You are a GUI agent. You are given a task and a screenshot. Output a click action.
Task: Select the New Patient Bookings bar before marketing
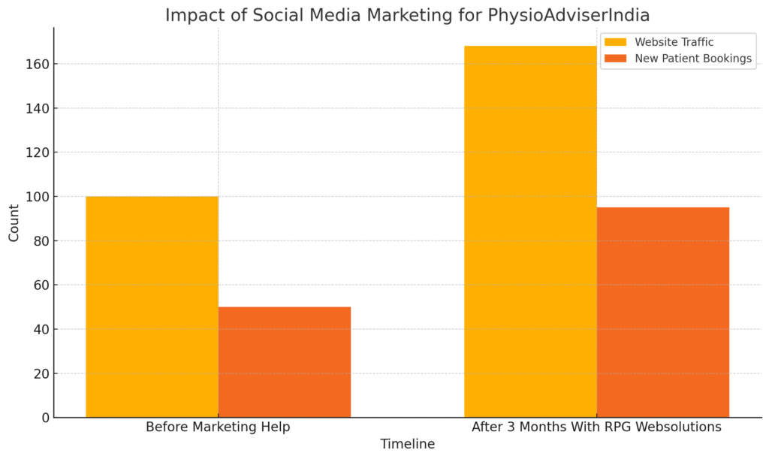coord(284,362)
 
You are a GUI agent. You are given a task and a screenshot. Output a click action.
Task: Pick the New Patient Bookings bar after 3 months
coord(662,312)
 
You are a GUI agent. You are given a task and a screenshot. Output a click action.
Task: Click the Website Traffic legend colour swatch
coord(615,42)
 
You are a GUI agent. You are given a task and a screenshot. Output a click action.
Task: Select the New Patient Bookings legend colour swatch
coord(615,59)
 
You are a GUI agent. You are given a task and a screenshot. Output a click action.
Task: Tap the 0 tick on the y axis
coord(45,418)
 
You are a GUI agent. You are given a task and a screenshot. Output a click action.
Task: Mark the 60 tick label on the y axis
coord(41,285)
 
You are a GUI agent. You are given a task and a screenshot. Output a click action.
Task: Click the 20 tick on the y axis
coord(41,373)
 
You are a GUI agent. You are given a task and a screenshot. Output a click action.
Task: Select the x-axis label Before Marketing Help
coord(218,427)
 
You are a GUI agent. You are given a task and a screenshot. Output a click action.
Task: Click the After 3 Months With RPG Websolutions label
coord(596,427)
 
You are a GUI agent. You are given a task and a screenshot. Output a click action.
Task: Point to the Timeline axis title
coord(407,444)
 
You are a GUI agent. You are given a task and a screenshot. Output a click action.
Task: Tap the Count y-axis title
coord(14,222)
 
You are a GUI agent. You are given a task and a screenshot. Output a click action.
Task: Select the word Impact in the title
coord(190,15)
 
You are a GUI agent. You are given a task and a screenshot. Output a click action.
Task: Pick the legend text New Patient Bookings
coord(693,59)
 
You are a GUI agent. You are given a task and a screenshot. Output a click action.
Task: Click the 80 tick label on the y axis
coord(41,241)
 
